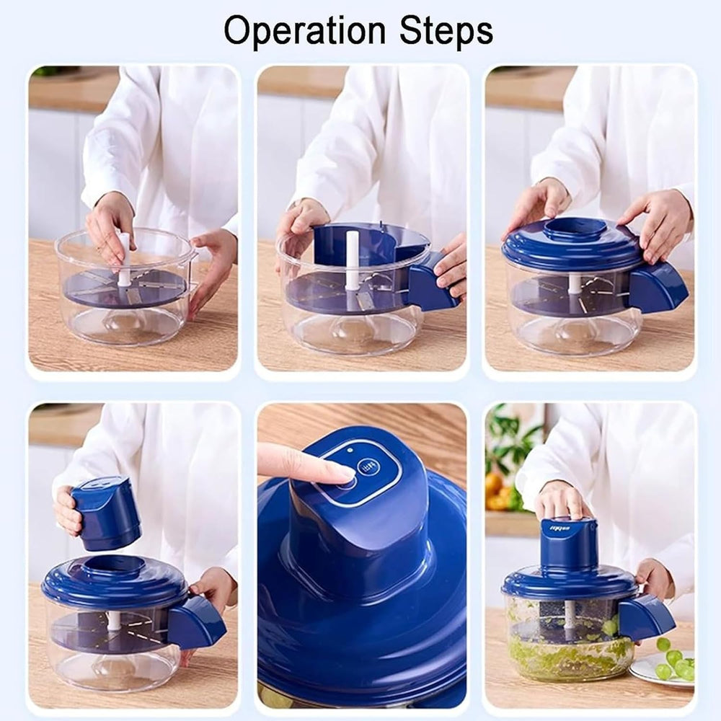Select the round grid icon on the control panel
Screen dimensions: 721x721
click(368, 467)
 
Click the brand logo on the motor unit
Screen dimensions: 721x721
click(559, 528)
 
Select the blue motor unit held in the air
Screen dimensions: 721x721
click(106, 513)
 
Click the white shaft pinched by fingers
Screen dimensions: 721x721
click(124, 260)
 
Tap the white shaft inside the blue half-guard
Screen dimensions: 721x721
click(352, 260)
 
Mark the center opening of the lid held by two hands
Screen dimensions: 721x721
click(575, 229)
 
